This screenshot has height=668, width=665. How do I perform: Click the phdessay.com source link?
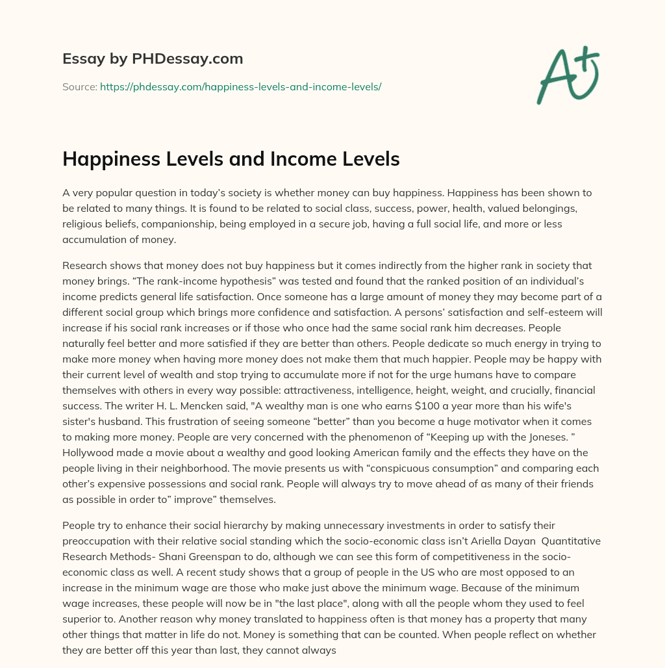pos(240,86)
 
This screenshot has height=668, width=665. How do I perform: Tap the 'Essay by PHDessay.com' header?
pos(153,59)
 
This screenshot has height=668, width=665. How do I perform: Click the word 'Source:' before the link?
pos(79,86)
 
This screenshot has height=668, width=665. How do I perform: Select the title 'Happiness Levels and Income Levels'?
pos(231,159)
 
